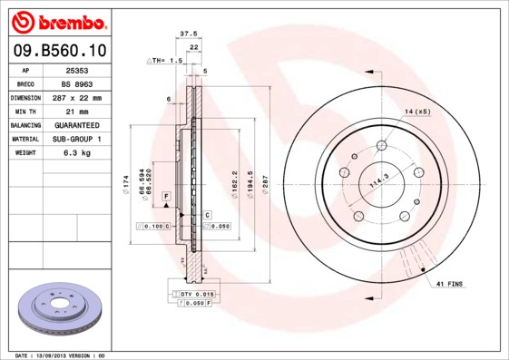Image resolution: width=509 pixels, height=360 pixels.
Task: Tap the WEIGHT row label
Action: click(x=25, y=152)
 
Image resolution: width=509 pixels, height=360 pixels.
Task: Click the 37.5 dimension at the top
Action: click(x=189, y=33)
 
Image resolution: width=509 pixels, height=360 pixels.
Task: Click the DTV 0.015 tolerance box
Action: click(x=196, y=295)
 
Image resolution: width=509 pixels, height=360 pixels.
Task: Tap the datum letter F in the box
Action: click(x=166, y=196)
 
